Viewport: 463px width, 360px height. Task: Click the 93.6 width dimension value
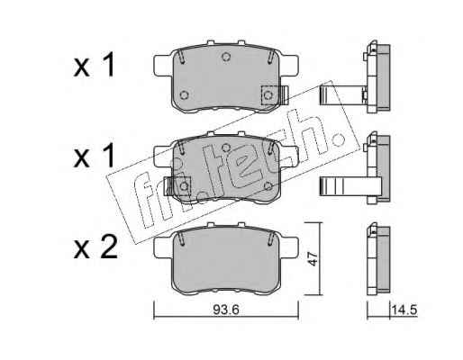[x=226, y=310]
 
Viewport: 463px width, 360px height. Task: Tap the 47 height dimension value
[x=313, y=259]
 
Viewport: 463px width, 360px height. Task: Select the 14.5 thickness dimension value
[x=404, y=310]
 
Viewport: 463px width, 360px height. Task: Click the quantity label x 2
[x=95, y=248]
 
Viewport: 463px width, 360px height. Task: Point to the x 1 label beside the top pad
[x=94, y=65]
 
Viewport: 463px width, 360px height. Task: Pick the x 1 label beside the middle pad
[x=94, y=156]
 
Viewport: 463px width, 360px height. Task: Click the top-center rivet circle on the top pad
[x=226, y=56]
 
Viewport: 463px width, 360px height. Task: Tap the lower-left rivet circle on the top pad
[x=184, y=95]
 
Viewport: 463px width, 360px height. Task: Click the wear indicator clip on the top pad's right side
[x=275, y=95]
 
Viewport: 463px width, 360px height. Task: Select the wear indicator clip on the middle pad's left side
[x=177, y=186]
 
